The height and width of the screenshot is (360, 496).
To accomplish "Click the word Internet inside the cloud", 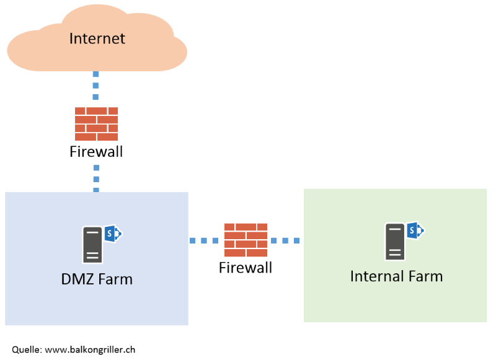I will point(97,38).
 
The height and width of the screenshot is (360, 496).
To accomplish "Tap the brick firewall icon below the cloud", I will point(96,124).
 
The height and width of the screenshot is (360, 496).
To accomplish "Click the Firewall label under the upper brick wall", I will point(96,152).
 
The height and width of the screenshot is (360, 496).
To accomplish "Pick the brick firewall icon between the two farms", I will point(246,240).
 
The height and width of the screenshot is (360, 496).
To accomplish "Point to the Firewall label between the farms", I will point(246,268).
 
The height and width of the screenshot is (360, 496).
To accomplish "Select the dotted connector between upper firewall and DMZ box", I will point(95,178).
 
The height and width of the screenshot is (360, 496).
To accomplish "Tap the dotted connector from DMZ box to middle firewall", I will point(205,240).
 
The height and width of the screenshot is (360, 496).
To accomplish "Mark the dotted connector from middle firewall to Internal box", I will point(285,240).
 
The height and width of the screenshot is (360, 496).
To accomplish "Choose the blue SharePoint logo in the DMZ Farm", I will point(113,234).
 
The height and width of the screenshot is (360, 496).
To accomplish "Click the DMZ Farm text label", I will point(97,279).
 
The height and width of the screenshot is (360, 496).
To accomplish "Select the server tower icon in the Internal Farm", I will point(395,241).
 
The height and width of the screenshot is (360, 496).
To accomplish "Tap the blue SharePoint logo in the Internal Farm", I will point(415,230).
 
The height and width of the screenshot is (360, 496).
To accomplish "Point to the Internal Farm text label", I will point(396,276).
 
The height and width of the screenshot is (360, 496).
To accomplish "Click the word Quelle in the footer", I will point(27,349).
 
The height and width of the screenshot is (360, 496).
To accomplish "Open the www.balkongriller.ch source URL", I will point(90,349).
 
